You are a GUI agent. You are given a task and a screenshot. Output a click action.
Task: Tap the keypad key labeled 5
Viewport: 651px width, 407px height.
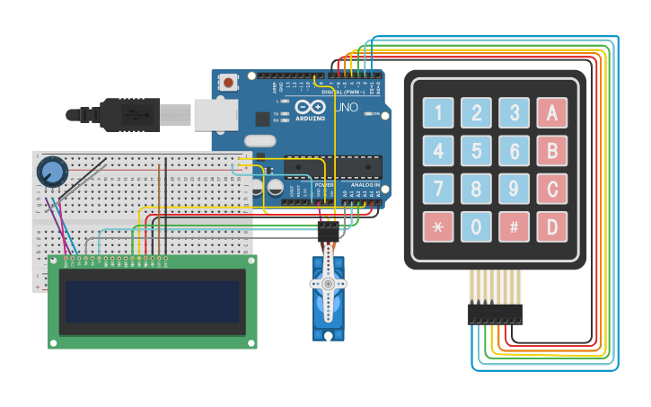click(476, 151)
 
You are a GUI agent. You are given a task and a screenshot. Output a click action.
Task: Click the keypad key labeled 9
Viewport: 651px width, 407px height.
click(514, 189)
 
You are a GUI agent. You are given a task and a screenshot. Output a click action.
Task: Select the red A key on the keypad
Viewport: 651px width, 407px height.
click(551, 113)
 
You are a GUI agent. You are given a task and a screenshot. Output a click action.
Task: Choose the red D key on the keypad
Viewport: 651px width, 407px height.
click(551, 226)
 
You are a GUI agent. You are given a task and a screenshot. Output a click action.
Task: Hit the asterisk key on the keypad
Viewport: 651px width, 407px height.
click(438, 226)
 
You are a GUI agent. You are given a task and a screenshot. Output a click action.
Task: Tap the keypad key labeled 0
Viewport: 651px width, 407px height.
click(476, 226)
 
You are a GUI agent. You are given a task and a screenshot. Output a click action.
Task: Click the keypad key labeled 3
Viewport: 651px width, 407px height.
click(514, 113)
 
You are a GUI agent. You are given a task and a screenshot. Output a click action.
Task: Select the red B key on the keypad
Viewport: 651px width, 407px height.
click(551, 151)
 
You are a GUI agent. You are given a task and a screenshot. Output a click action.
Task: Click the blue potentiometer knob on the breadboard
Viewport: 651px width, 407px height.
click(51, 171)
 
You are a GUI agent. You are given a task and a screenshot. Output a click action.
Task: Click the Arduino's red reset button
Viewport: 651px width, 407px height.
click(228, 83)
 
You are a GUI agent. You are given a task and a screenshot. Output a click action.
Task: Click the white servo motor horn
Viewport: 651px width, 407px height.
click(328, 283)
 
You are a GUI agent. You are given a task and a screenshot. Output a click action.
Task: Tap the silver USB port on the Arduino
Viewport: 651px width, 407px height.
click(216, 115)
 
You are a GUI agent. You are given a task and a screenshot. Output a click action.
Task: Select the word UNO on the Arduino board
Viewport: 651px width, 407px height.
click(346, 108)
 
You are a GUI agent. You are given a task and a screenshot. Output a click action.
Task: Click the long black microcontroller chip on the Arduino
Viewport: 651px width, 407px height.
click(332, 166)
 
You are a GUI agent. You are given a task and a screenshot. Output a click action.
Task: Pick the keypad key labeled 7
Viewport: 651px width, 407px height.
click(438, 189)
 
